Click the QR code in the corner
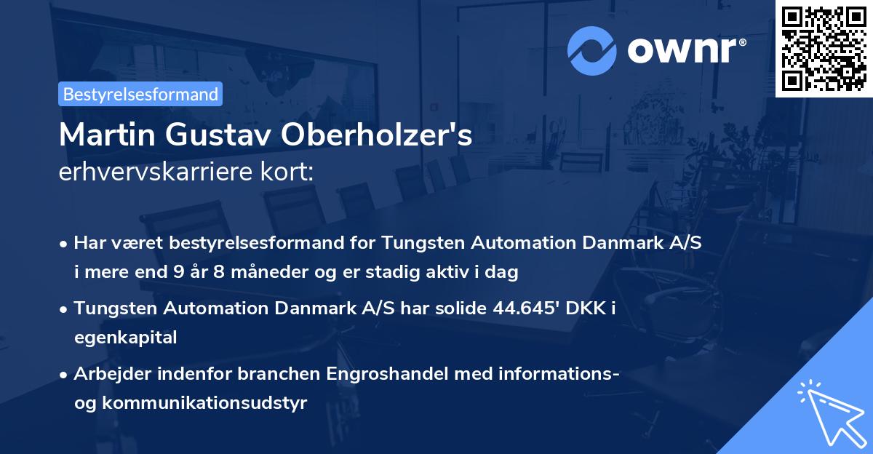(x=824, y=48)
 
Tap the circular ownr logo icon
(x=591, y=51)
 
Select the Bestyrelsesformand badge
(x=140, y=94)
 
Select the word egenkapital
(x=125, y=338)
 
